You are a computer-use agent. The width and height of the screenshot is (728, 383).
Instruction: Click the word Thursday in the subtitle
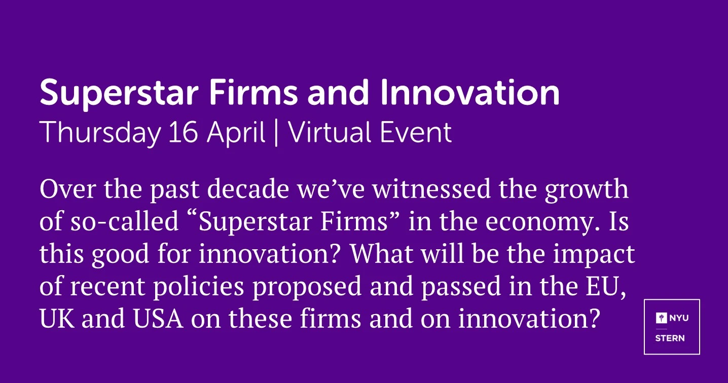(x=100, y=133)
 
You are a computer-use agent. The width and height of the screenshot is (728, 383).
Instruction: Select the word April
(x=236, y=133)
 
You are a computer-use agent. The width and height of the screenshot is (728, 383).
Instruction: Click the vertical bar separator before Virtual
(x=276, y=133)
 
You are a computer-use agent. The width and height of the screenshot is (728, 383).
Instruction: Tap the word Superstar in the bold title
(x=119, y=94)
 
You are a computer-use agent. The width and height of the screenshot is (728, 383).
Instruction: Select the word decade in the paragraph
(x=248, y=189)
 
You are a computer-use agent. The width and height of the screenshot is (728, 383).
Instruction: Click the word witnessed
(x=431, y=189)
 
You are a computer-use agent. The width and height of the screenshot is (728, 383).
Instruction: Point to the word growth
(x=587, y=191)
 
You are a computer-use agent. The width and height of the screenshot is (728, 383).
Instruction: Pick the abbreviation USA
(x=158, y=319)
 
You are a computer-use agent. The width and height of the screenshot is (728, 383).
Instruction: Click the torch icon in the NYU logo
(x=661, y=318)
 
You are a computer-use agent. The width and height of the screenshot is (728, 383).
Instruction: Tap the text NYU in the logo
(x=679, y=318)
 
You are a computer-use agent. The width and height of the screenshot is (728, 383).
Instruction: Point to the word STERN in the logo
(x=670, y=338)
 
